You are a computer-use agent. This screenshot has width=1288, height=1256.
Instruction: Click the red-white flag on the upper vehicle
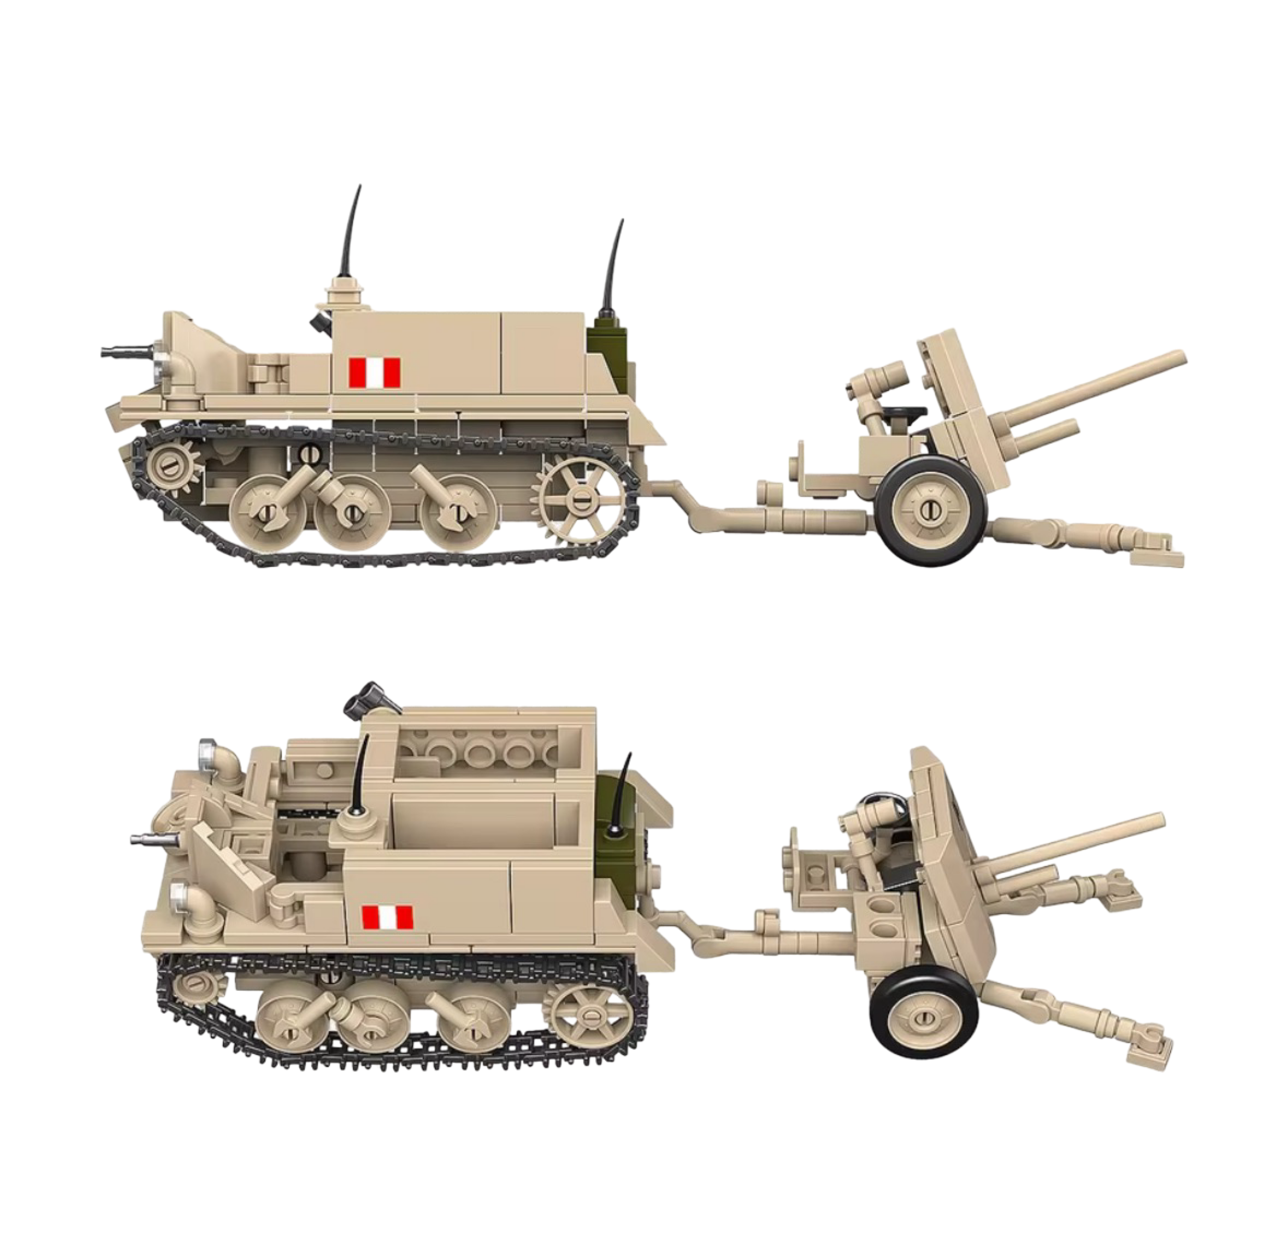375,373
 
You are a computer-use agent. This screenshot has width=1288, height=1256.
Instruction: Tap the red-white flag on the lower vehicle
387,917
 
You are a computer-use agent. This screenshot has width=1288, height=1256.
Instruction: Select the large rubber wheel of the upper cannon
931,508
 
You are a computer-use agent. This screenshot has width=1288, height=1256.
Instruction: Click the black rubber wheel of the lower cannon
923,1020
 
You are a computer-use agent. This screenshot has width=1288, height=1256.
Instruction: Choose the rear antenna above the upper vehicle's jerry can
613,264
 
